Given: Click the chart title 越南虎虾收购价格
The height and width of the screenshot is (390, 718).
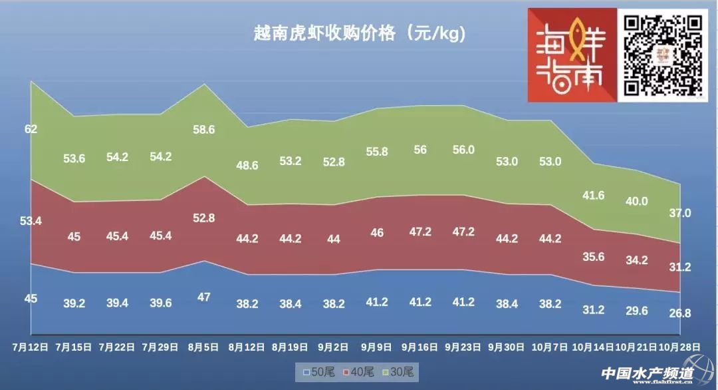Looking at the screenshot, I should (x=359, y=33).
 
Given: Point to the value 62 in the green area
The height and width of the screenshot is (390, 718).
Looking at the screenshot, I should (x=31, y=129).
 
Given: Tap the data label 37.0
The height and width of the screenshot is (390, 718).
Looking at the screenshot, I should (x=681, y=213).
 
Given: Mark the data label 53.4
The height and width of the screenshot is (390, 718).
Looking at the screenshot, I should (x=31, y=221).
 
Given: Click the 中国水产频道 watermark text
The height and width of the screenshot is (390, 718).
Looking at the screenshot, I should (x=647, y=374).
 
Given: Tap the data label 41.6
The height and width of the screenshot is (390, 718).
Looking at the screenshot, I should (x=593, y=195).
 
